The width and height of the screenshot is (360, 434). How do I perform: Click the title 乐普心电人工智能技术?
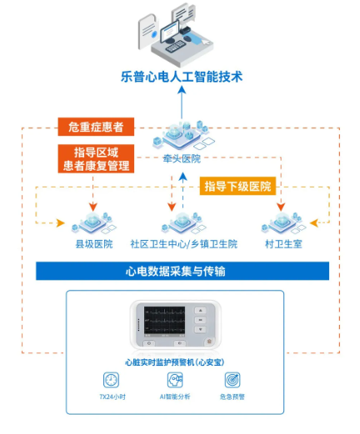click(x=182, y=77)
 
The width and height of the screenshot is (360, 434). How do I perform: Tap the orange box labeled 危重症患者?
click(x=96, y=127)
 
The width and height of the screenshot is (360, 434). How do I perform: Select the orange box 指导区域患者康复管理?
click(x=96, y=159)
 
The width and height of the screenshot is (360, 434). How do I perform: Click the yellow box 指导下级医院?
click(x=237, y=186)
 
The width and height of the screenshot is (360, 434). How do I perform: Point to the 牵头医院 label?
click(x=182, y=159)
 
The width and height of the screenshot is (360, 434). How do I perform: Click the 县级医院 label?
click(x=94, y=244)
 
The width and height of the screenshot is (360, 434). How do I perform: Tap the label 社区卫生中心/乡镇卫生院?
click(x=184, y=244)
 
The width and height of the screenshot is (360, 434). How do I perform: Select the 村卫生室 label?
click(x=283, y=244)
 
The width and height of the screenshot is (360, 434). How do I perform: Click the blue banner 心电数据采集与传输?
click(x=182, y=271)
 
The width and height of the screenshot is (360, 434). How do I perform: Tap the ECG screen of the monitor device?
click(x=164, y=320)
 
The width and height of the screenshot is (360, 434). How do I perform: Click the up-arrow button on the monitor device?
click(x=200, y=311)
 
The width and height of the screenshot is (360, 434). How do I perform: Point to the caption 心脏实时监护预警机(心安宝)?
click(x=175, y=362)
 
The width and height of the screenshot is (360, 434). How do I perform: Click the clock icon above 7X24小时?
click(x=111, y=380)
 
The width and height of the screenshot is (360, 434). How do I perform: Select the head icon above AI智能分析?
click(x=175, y=380)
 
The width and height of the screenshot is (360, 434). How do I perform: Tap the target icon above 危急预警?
click(x=232, y=380)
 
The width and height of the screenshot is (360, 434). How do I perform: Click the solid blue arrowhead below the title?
click(x=182, y=90)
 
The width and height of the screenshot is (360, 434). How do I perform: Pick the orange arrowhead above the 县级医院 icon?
click(x=93, y=207)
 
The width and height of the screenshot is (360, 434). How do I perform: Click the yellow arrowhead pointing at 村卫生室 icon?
click(x=314, y=222)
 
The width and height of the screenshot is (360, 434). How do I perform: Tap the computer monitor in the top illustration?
click(x=170, y=31)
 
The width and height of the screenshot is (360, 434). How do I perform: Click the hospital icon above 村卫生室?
click(x=283, y=223)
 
